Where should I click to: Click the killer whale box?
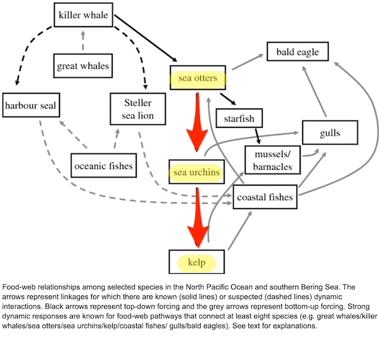coord(84,15)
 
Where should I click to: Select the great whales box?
coord(83,66)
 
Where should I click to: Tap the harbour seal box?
coord(31,105)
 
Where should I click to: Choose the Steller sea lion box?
coord(138,109)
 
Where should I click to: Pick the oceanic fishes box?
coord(104,165)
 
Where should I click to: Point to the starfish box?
coord(239,118)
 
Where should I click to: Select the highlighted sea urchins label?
coord(196,173)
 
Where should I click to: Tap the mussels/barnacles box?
coord(272,160)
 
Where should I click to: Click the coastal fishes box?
coord(265,196)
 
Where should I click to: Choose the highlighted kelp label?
coord(196,263)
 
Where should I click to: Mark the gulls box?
coord(330,132)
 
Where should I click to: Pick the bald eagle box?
coord(298,51)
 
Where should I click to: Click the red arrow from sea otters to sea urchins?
coord(197,121)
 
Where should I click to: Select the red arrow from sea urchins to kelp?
coord(198,217)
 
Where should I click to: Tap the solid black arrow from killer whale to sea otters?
coord(146,38)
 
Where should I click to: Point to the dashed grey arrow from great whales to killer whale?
coord(83,41)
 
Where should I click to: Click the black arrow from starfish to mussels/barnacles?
coord(258,136)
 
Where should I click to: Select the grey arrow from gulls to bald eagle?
coord(314,91)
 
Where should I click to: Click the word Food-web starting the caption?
coord(20,287)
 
